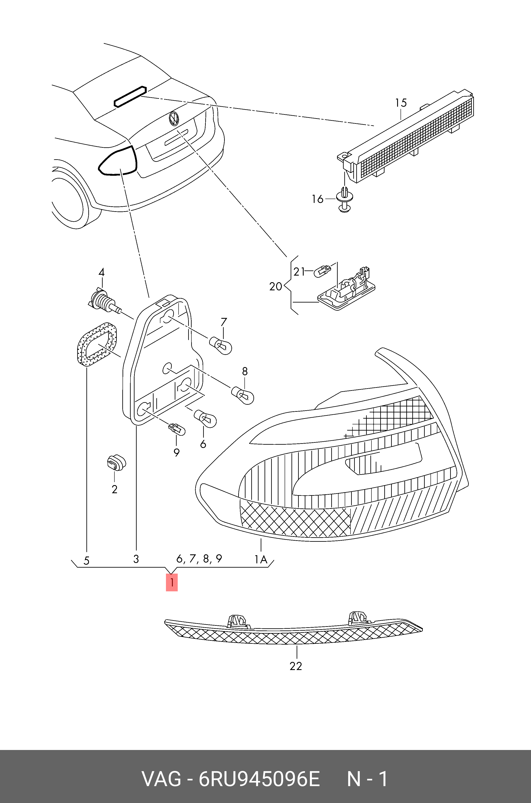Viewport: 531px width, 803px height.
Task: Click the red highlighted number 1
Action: pos(172,583)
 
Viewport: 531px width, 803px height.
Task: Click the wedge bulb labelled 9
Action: pos(177,430)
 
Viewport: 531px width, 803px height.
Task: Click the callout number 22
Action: pos(296,666)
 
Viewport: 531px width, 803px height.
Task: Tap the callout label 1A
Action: pos(261,559)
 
